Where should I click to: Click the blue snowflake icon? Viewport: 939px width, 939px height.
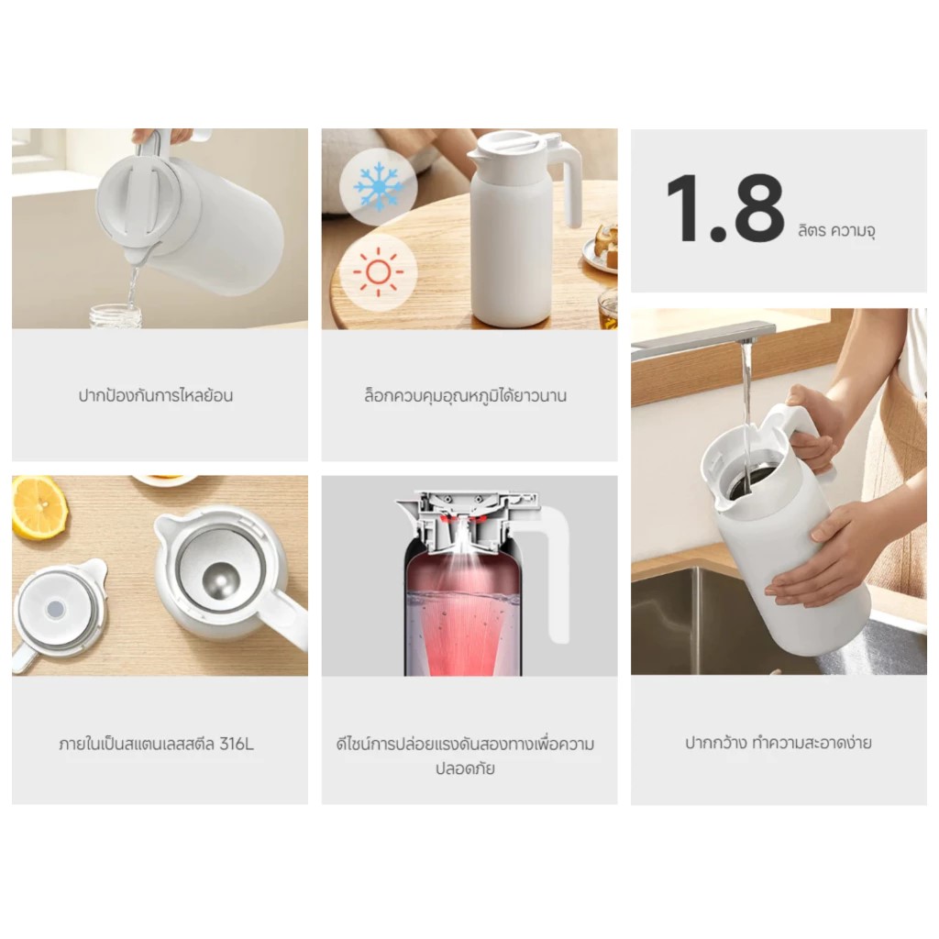(378, 187)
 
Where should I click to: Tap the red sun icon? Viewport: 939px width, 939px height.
(378, 272)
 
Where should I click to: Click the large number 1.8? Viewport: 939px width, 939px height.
(724, 209)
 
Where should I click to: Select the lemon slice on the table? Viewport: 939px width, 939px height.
(39, 506)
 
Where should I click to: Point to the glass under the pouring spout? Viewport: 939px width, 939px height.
(116, 315)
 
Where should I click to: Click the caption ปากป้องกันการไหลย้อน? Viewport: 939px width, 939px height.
(156, 396)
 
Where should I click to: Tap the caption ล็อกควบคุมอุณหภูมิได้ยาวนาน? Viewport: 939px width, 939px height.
(465, 396)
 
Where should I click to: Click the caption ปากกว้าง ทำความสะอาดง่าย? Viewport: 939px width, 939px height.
(779, 743)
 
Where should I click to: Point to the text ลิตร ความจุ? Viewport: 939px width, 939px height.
(835, 231)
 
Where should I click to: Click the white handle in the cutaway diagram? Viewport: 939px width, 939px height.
(555, 578)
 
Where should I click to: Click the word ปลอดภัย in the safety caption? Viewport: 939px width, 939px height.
(465, 768)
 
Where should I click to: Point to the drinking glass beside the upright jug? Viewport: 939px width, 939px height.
(606, 310)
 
